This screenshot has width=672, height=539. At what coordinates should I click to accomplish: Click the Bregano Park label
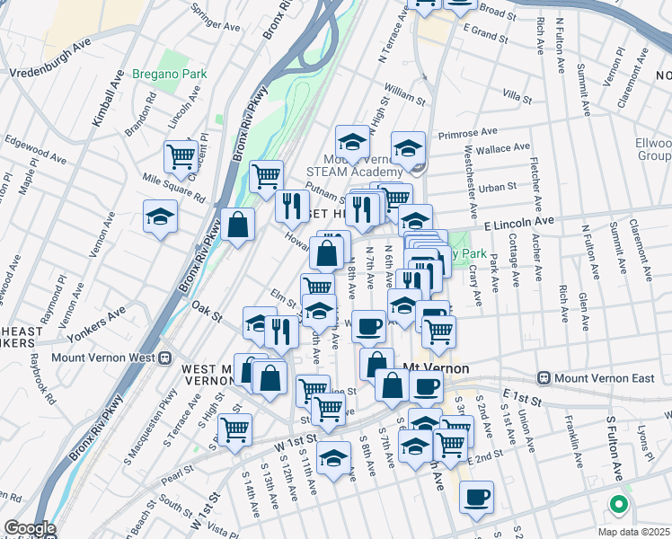169,74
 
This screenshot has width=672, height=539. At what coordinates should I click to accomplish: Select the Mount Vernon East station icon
544,377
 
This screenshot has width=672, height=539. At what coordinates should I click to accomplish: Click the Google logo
30,528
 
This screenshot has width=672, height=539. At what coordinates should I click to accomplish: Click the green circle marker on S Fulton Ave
616,504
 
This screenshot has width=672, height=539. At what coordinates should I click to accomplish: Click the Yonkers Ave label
105,318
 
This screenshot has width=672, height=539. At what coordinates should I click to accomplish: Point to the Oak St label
206,311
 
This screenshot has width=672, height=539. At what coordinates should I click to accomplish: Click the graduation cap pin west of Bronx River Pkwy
160,216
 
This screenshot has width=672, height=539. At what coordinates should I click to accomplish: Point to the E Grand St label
486,35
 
